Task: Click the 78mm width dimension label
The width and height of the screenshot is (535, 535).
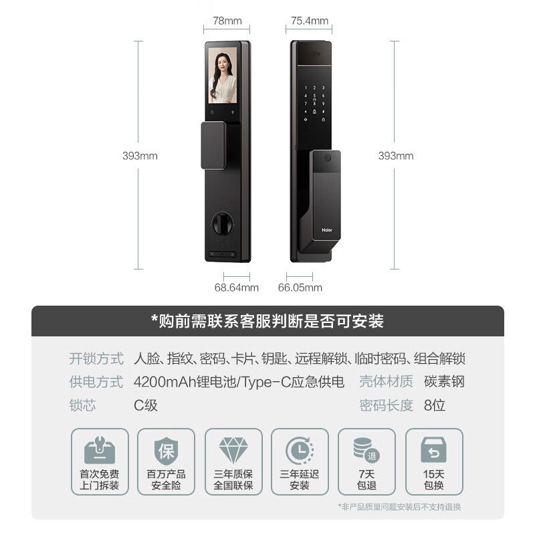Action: click(x=227, y=21)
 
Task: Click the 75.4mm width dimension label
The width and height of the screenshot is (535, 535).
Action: click(x=310, y=21)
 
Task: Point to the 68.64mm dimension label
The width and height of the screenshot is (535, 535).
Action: click(x=236, y=288)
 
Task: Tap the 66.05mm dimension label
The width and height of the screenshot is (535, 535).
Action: click(x=300, y=288)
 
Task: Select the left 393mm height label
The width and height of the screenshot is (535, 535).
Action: click(x=140, y=156)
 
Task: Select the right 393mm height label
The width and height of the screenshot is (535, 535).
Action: click(x=396, y=156)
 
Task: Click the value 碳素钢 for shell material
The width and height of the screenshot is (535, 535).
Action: click(x=444, y=382)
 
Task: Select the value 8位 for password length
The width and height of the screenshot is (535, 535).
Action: click(x=435, y=405)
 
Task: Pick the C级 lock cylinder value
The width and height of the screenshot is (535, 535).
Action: click(x=146, y=405)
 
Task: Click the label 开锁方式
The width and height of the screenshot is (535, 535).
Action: click(x=96, y=359)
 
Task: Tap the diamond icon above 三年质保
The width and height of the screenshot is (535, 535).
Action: click(x=233, y=451)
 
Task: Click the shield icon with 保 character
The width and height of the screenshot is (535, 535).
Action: click(x=166, y=451)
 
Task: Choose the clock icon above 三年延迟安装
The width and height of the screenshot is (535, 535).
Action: click(x=299, y=451)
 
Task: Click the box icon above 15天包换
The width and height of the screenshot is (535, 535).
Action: click(x=433, y=451)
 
